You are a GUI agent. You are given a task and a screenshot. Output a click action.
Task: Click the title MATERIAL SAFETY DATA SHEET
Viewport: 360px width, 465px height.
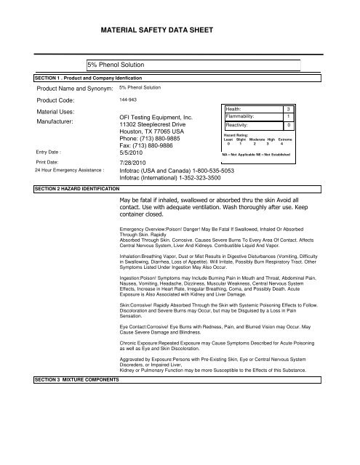click(180, 31)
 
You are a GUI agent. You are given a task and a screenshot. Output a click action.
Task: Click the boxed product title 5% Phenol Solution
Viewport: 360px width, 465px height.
click(117, 65)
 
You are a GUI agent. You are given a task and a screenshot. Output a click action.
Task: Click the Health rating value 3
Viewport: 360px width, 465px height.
click(289, 108)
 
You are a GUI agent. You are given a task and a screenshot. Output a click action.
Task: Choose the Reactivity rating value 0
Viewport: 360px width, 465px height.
click(289, 125)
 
